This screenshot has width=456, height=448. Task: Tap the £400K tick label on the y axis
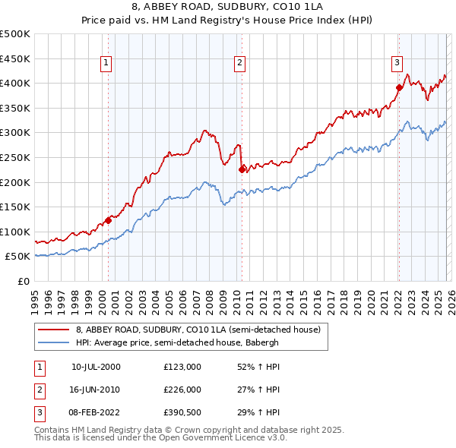tap(15, 83)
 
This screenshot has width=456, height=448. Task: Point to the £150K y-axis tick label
tap(15, 207)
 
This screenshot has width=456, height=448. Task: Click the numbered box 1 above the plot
tap(106, 63)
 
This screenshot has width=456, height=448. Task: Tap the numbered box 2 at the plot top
tap(239, 63)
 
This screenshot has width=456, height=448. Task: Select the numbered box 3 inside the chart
tap(397, 63)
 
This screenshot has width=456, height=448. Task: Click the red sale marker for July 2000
tap(108, 220)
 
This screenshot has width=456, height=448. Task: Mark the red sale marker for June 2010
tap(242, 169)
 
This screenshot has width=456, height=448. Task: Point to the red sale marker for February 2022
tap(398, 87)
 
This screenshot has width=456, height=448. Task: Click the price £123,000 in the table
tap(182, 367)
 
